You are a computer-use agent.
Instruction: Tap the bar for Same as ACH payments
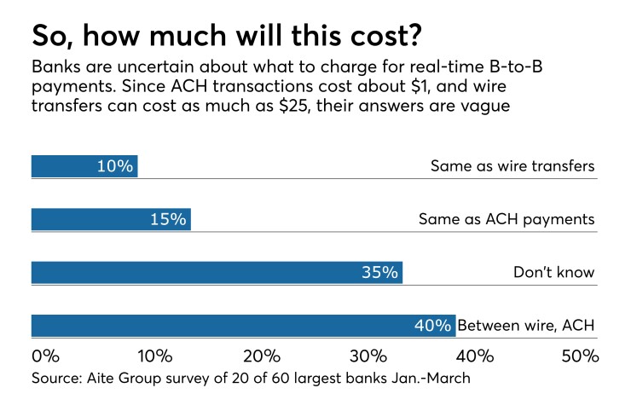pos(111,219)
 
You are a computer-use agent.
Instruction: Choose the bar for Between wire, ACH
pos(243,326)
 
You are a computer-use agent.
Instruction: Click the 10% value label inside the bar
pos(115,166)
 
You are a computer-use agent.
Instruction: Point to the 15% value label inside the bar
pos(168,219)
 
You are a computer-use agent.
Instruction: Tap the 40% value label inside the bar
pos(433,326)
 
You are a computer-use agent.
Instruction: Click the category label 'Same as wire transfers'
pos(512,166)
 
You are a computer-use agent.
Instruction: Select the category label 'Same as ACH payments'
pos(506,219)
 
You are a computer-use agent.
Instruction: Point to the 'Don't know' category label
pos(553,273)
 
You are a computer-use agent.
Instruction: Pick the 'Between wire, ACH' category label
pos(525,326)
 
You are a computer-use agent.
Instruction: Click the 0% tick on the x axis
pos(44,355)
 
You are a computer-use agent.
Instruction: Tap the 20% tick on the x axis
pos(262,355)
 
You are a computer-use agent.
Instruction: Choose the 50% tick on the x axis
pos(581,355)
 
